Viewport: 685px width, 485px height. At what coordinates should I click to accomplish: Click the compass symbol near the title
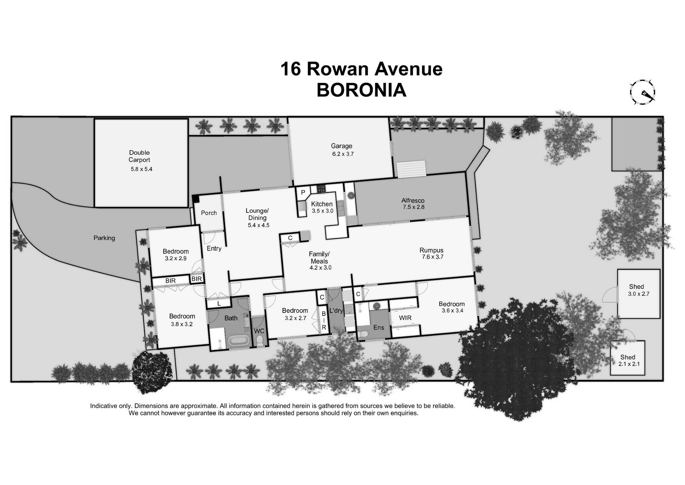tap(643, 92)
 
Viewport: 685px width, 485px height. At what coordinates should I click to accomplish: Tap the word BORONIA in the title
tap(361, 90)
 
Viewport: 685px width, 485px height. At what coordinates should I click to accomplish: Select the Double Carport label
tap(139, 156)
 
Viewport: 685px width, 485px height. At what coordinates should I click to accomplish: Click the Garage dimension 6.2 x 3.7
tap(342, 154)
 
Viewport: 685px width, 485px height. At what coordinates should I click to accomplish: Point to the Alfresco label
tap(413, 200)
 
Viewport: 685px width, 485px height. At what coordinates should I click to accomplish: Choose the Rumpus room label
tap(431, 250)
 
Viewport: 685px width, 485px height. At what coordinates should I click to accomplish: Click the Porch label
tap(209, 213)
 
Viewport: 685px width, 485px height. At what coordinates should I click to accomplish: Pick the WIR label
tap(405, 317)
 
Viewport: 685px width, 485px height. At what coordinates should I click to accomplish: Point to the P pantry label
tap(303, 192)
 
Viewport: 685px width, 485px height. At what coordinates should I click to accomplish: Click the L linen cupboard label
tap(219, 304)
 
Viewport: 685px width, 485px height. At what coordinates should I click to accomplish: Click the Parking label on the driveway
tap(104, 238)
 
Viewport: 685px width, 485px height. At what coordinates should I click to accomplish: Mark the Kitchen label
tap(322, 204)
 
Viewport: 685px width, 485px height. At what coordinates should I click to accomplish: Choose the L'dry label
tap(336, 311)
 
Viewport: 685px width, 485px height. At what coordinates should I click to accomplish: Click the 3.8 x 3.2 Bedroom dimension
tap(182, 324)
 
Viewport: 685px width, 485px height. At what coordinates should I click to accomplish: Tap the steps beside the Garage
tap(411, 169)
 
